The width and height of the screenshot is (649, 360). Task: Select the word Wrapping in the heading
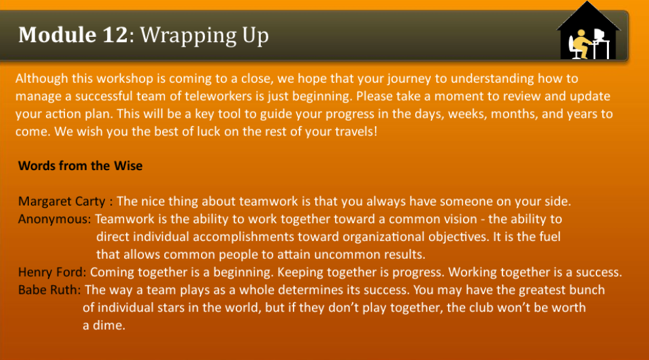tap(182, 35)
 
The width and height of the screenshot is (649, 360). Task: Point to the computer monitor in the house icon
tap(599, 35)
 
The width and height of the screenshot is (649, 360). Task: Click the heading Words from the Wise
tap(80, 166)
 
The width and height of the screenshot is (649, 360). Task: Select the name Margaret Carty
tap(63, 201)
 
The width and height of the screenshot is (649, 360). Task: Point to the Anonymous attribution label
tap(55, 219)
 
